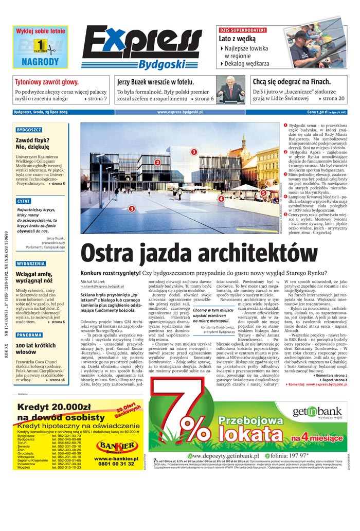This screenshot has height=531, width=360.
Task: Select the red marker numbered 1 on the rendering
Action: tap(194, 152)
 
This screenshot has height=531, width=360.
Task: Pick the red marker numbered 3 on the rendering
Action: tap(132, 208)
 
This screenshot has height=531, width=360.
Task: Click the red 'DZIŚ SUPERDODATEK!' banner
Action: tap(243, 30)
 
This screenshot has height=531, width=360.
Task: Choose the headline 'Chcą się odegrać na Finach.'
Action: tap(291, 82)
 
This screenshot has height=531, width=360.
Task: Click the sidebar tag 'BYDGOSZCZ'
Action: tap(29, 130)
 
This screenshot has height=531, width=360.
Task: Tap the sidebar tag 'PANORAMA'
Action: tap(29, 335)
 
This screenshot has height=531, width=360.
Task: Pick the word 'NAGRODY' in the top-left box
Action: tap(41, 62)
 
